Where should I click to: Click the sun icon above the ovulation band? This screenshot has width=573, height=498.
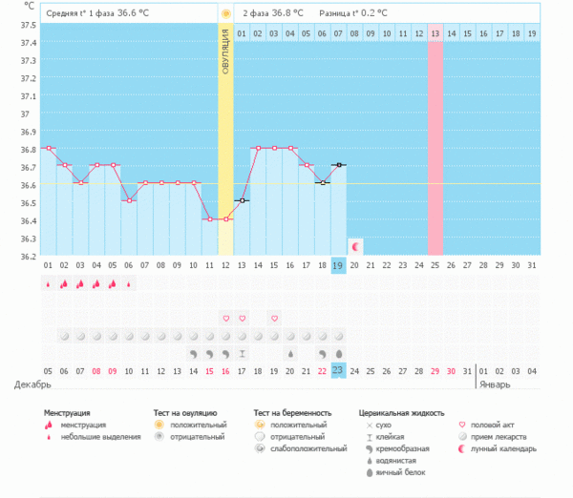tap(225, 14)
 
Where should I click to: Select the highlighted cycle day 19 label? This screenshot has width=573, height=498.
tap(338, 264)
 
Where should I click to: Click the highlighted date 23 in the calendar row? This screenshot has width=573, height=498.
tap(338, 370)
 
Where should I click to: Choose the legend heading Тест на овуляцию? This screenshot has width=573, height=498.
tap(185, 412)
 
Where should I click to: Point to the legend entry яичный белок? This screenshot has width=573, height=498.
tap(402, 472)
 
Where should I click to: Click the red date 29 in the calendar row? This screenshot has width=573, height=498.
tap(435, 370)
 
